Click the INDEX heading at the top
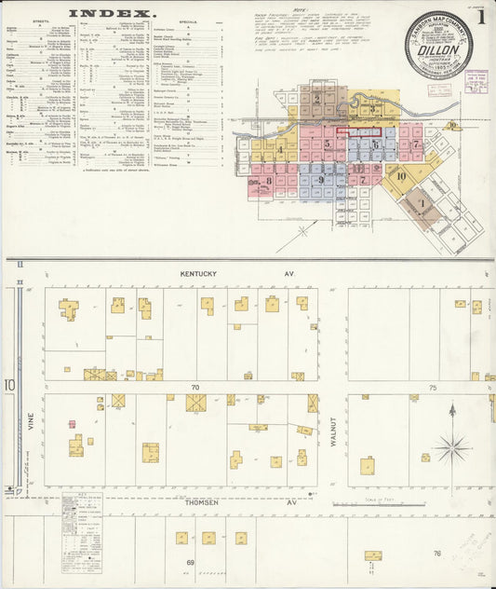[111, 14]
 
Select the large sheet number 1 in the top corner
[481, 16]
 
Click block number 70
[194, 387]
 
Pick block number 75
[432, 387]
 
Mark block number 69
[190, 563]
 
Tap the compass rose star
[452, 447]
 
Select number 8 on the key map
[269, 181]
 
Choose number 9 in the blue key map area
[320, 180]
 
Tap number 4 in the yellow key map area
[279, 148]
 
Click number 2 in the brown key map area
[317, 98]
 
